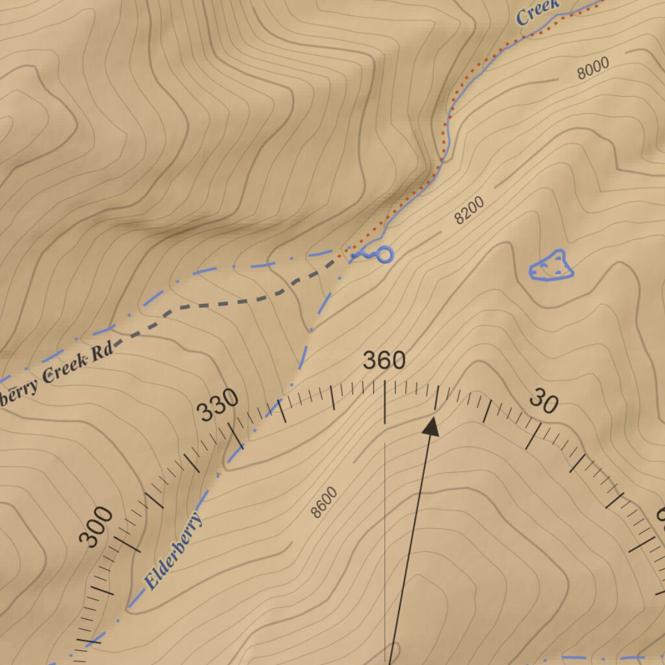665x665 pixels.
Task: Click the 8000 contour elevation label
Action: coord(593,68)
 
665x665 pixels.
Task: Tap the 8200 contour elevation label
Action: coord(469,210)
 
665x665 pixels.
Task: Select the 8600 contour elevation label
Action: coord(324,502)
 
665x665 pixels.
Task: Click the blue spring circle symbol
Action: coord(384,255)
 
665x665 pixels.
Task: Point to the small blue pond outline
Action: coord(551,266)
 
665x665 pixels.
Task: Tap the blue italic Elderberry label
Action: coord(173,551)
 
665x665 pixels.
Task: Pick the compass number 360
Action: coord(384,360)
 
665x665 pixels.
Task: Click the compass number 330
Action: coord(218,407)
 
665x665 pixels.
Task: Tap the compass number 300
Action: coord(96,527)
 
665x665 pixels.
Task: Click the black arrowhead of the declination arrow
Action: coord(431,427)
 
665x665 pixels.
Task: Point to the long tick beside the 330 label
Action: coord(235,436)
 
